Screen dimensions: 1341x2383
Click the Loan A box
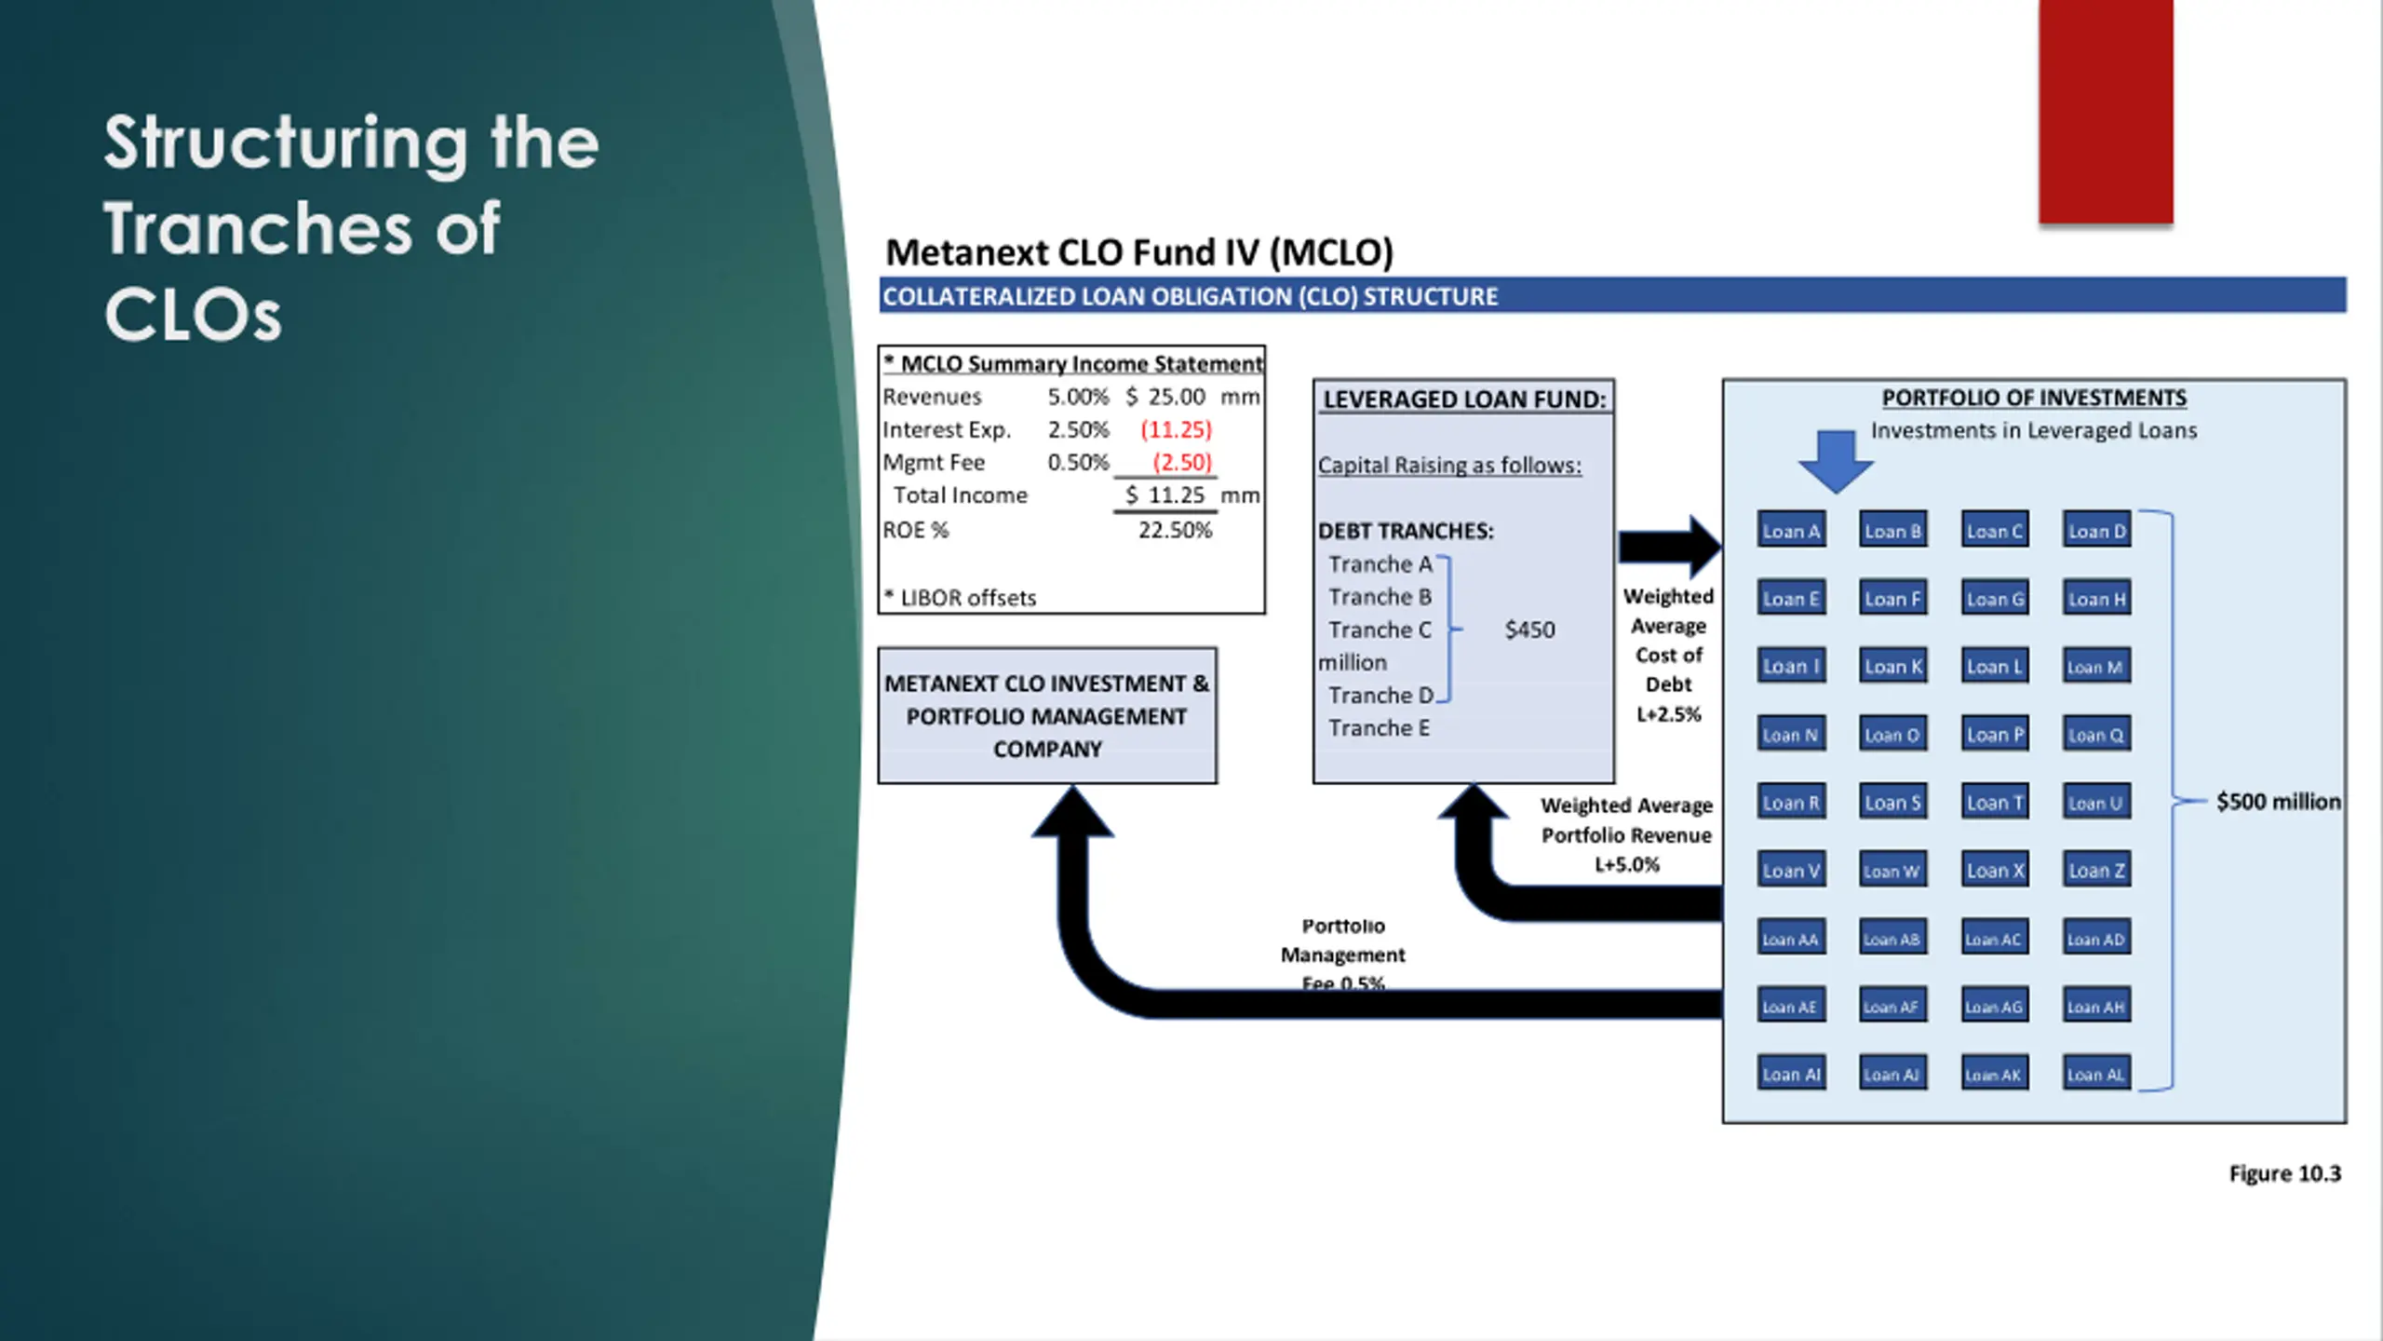[1791, 531]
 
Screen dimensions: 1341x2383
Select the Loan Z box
[2096, 871]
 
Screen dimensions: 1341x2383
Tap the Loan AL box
[2096, 1075]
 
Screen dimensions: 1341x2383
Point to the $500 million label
[2278, 802]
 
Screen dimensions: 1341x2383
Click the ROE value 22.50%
[1175, 531]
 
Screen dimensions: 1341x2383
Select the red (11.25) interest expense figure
[1176, 429]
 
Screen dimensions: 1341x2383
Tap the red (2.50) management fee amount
[1181, 462]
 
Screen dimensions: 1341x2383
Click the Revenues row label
[932, 397]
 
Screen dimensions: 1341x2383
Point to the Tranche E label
[1379, 728]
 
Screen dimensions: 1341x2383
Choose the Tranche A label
[1380, 564]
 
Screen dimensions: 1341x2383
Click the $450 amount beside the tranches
[1529, 630]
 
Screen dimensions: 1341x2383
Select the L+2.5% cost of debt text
[1668, 715]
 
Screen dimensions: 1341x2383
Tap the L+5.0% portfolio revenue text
[1626, 865]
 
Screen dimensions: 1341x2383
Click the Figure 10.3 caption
[2284, 1173]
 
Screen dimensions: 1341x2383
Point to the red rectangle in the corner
[2106, 112]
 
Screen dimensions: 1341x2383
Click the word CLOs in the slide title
[193, 315]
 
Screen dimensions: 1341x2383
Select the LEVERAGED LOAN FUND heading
[1464, 400]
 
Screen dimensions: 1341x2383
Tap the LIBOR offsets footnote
[960, 598]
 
